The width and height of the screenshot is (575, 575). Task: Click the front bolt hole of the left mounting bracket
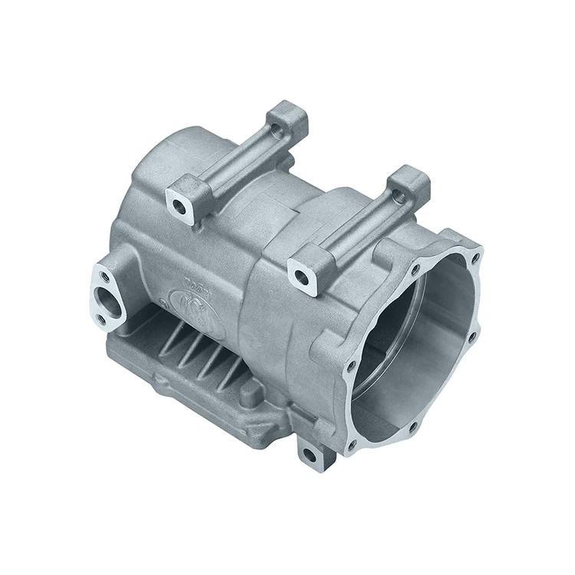181,205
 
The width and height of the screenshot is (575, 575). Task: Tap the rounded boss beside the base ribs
251,392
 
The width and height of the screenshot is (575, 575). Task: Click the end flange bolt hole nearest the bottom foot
352,444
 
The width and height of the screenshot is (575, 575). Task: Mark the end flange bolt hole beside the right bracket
415,270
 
